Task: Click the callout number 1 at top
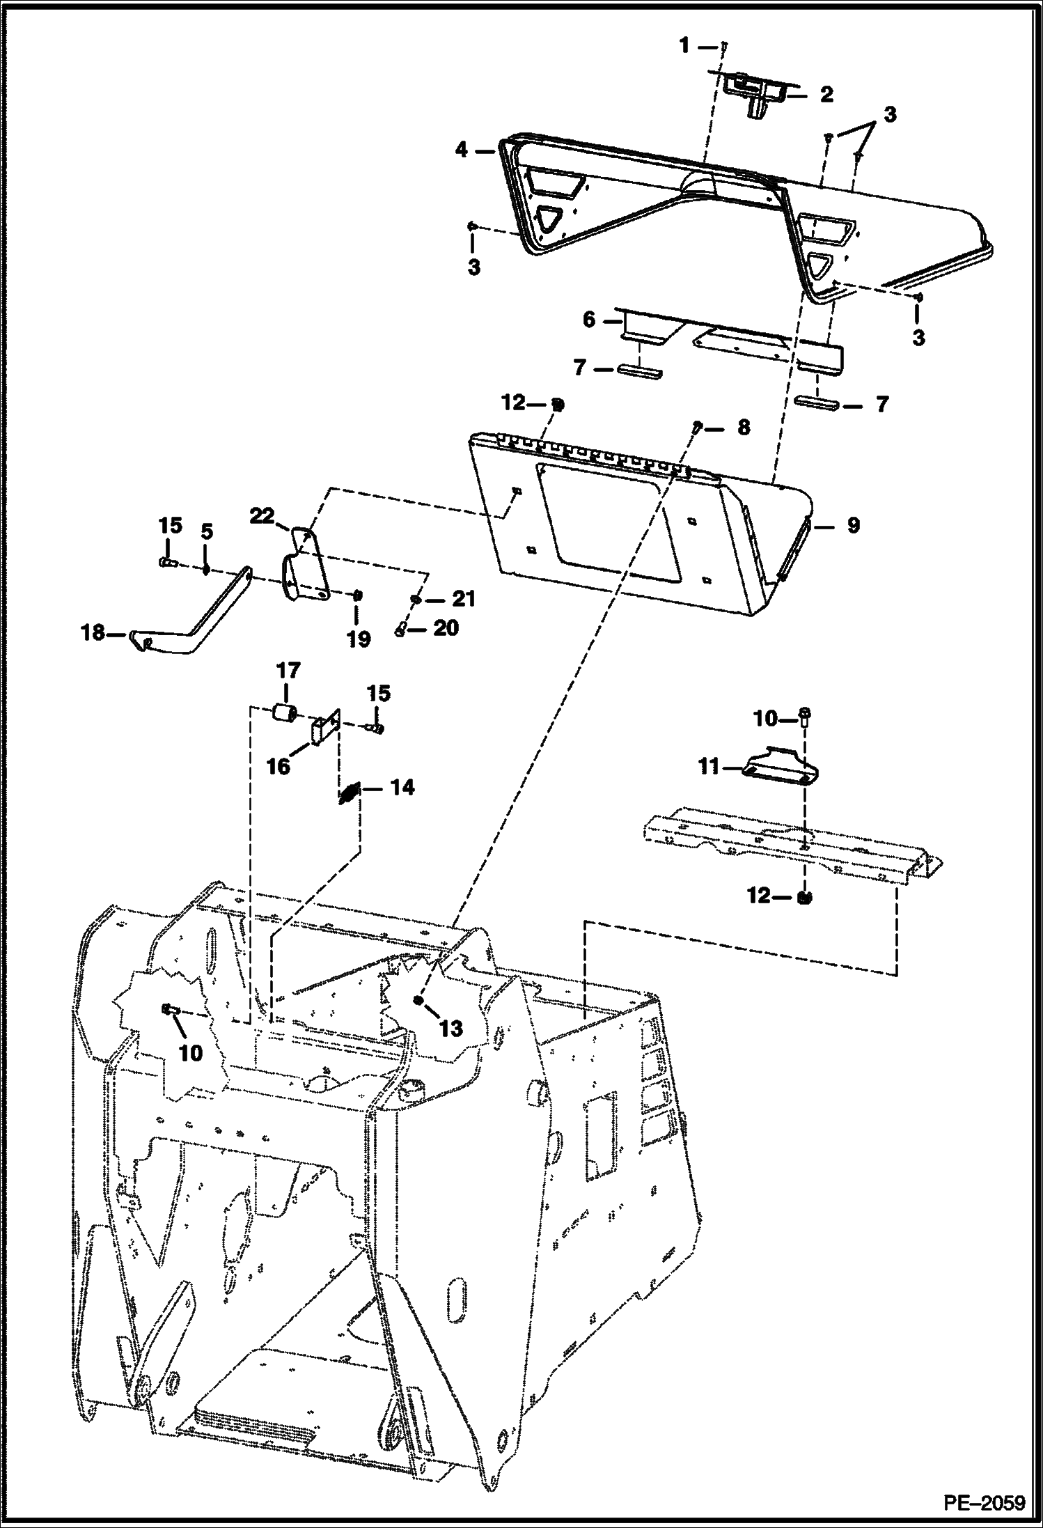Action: tap(684, 46)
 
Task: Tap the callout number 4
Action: tap(460, 150)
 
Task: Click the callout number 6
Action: tap(589, 320)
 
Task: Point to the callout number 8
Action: tap(744, 427)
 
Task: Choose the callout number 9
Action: tap(853, 525)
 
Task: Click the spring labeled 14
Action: tap(350, 793)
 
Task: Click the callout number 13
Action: tap(451, 1027)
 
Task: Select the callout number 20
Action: tap(446, 628)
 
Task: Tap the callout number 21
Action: tap(464, 598)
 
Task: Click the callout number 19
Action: tap(359, 638)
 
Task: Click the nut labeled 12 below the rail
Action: tap(804, 898)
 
